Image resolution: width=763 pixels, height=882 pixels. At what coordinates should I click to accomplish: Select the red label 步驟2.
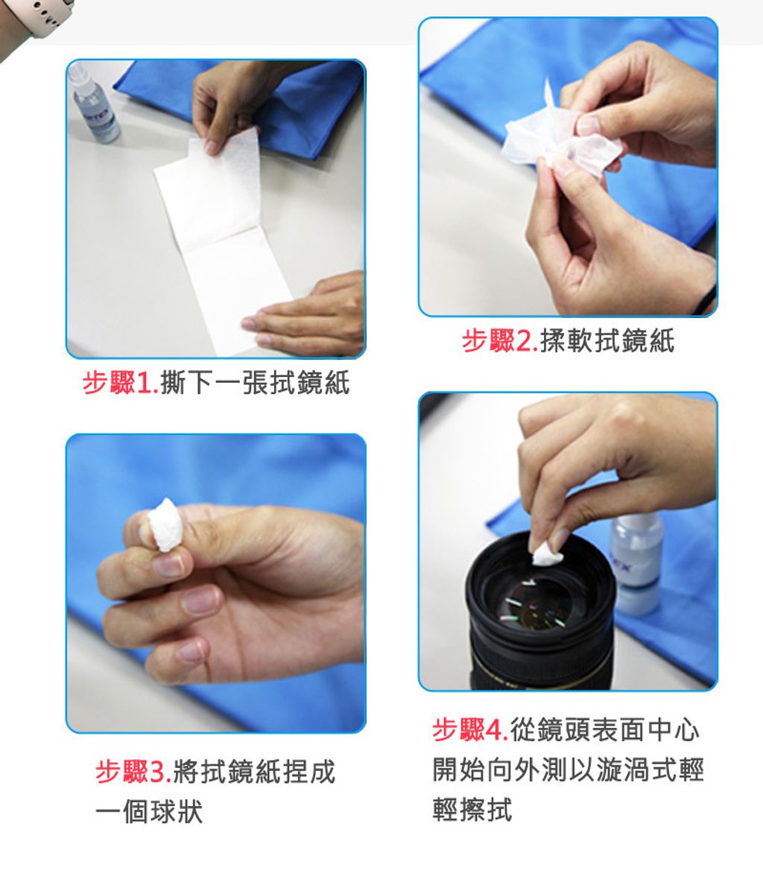[x=500, y=341]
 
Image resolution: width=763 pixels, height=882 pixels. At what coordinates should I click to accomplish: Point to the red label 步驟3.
[x=133, y=771]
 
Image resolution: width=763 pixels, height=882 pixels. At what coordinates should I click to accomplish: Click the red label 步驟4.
[x=470, y=730]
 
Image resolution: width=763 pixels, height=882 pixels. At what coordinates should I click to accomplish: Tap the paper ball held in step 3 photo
[x=165, y=525]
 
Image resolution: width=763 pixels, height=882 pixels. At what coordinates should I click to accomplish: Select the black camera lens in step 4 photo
[x=540, y=612]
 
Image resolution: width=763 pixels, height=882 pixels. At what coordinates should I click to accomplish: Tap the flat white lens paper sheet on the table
[x=225, y=242]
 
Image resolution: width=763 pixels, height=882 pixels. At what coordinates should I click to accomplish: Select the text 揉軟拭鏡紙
[x=607, y=341]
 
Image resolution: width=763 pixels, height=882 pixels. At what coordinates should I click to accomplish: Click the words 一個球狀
[x=149, y=811]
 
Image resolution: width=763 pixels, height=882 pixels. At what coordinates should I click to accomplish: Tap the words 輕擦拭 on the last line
[x=472, y=810]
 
